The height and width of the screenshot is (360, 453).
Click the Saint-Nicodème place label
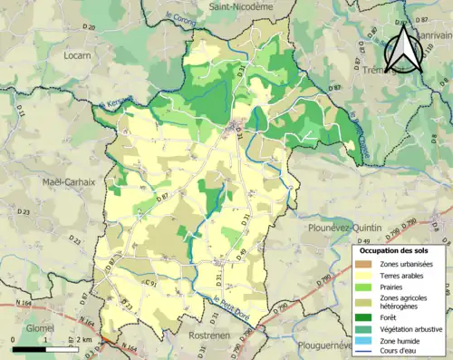pyautogui.click(x=241, y=6)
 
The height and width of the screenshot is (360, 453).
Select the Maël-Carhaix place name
pyautogui.click(x=69, y=182)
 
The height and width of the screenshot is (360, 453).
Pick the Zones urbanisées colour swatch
pyautogui.click(x=368, y=263)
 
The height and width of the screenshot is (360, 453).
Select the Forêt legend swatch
pyautogui.click(x=368, y=317)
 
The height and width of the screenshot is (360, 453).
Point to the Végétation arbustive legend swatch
pyautogui.click(x=368, y=328)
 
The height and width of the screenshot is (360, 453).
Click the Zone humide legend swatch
pyautogui.click(x=368, y=340)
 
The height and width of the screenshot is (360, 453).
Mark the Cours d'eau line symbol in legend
pyautogui.click(x=368, y=351)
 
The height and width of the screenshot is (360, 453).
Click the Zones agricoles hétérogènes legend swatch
pyautogui.click(x=368, y=301)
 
